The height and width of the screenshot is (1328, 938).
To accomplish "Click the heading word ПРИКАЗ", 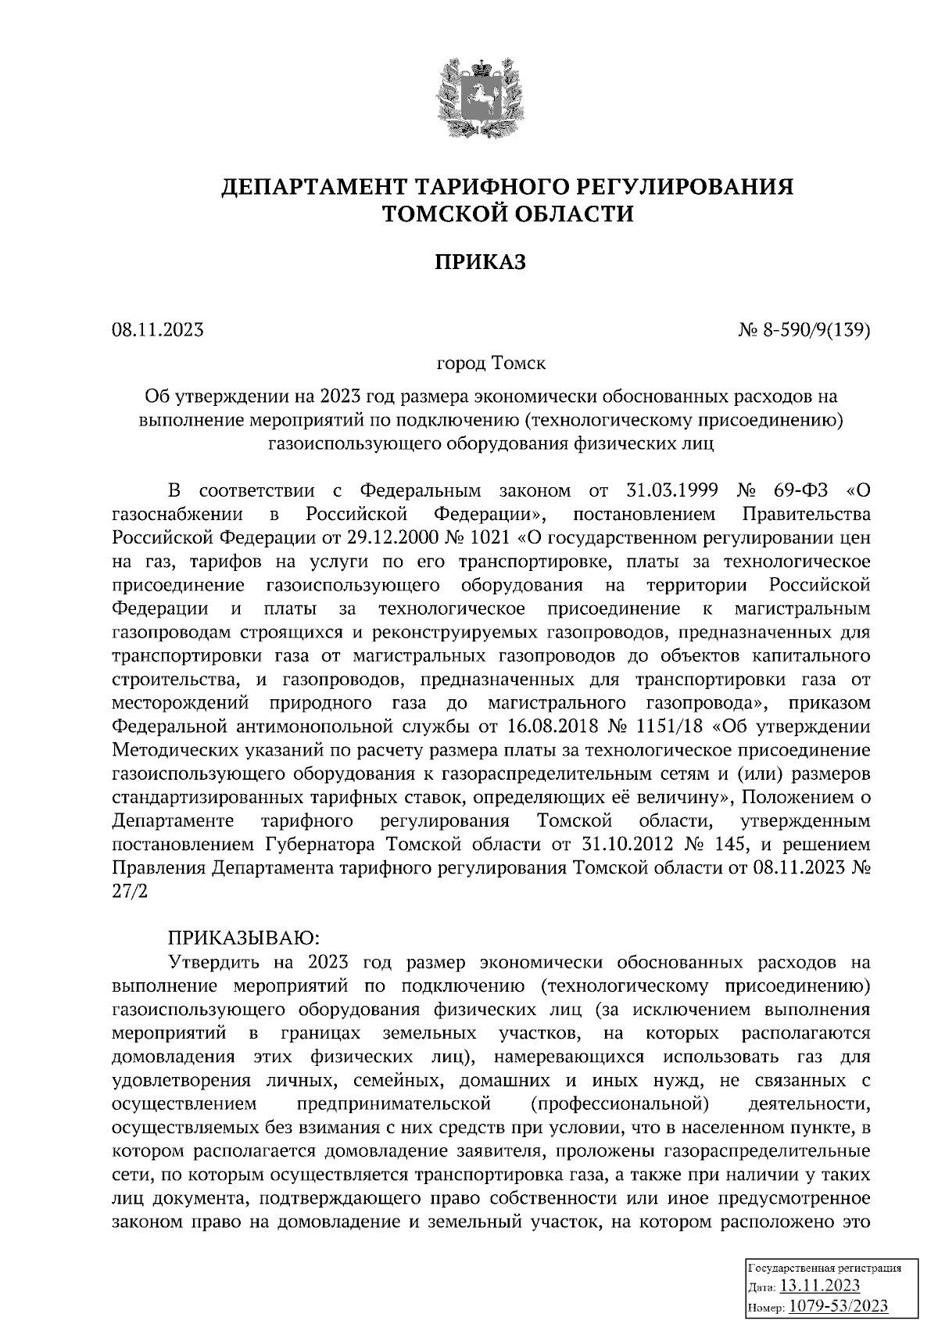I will tap(480, 262).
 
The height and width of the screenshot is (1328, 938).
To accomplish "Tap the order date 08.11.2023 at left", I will tap(157, 330).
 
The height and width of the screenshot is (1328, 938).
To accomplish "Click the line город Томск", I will tap(491, 364).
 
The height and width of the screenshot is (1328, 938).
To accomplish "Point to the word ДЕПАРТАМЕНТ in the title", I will tap(312, 187).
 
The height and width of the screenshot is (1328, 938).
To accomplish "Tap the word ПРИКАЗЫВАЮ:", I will tap(241, 937).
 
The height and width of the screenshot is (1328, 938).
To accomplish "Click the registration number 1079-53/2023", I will tap(837, 1306).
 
